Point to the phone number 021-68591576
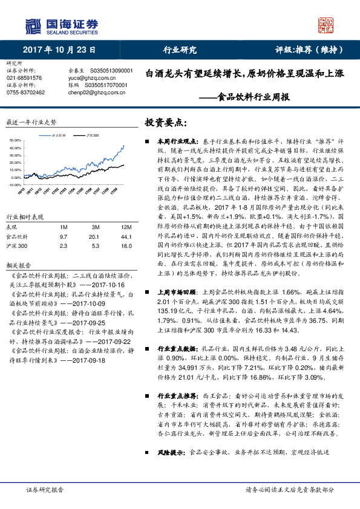pos(24,78)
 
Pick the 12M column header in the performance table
pos(110,226)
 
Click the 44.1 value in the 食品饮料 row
pos(110,236)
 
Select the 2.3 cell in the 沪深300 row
pos(64,245)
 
